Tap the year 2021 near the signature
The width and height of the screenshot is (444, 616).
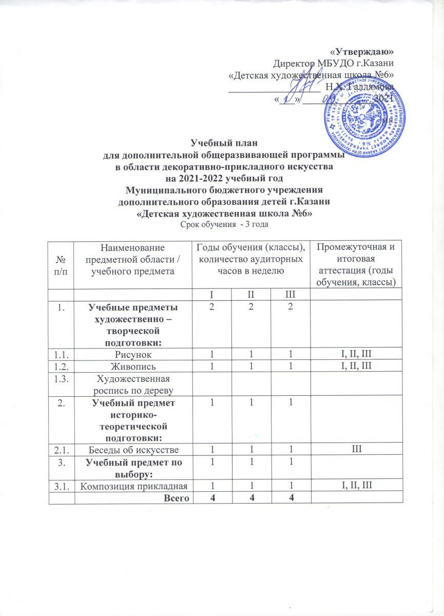382,97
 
